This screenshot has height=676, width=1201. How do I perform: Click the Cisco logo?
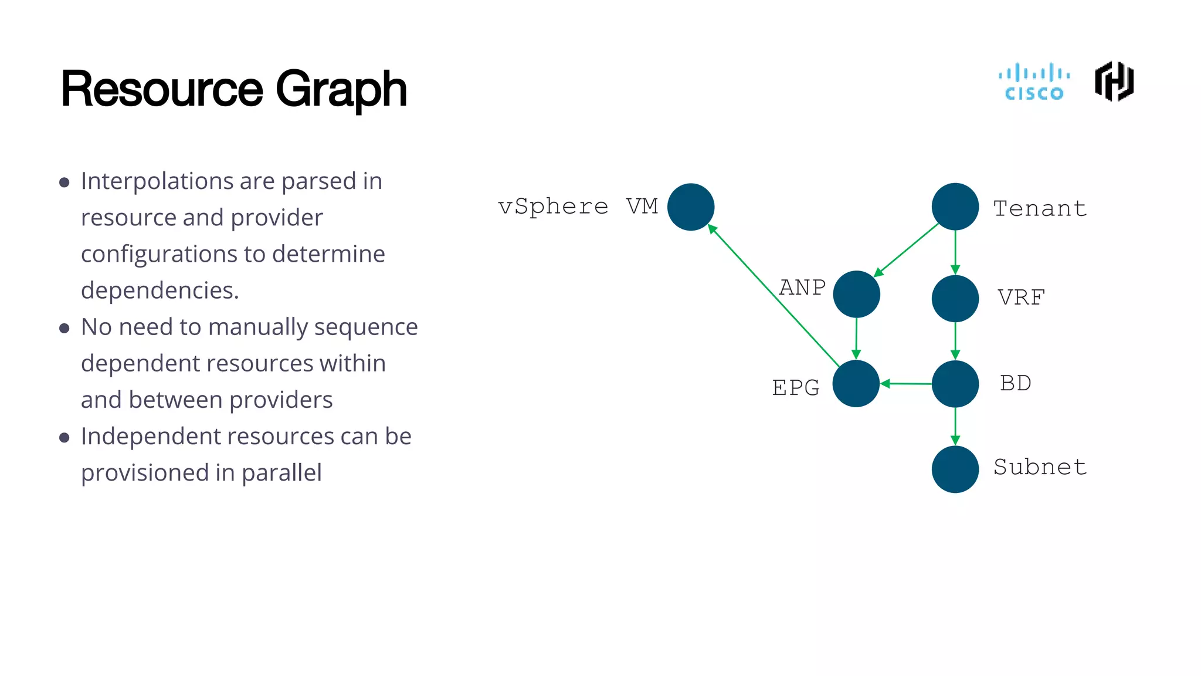[x=1034, y=82]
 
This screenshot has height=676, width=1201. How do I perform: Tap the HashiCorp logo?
[x=1114, y=82]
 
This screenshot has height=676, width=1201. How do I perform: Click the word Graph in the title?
[x=341, y=90]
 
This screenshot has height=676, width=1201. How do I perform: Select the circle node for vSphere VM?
[x=691, y=207]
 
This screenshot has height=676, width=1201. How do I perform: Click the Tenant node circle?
[x=955, y=207]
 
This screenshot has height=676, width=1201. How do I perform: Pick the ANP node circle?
[x=856, y=294]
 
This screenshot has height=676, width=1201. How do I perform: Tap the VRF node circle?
[x=955, y=298]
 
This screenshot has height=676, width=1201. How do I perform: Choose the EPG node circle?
[x=856, y=384]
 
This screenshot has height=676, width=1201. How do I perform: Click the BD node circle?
[x=955, y=384]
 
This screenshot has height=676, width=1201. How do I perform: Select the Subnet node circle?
[x=955, y=469]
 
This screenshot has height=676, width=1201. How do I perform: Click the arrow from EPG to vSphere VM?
[x=774, y=296]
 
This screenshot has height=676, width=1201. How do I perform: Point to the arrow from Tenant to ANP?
[x=907, y=249]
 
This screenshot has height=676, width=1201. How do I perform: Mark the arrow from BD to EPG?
[x=906, y=384]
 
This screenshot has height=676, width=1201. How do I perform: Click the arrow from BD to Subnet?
[x=955, y=427]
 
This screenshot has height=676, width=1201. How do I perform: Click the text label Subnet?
[x=1040, y=467]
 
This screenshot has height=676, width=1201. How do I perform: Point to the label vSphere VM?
[x=578, y=207]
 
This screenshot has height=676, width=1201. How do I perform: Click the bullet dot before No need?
[x=65, y=328]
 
